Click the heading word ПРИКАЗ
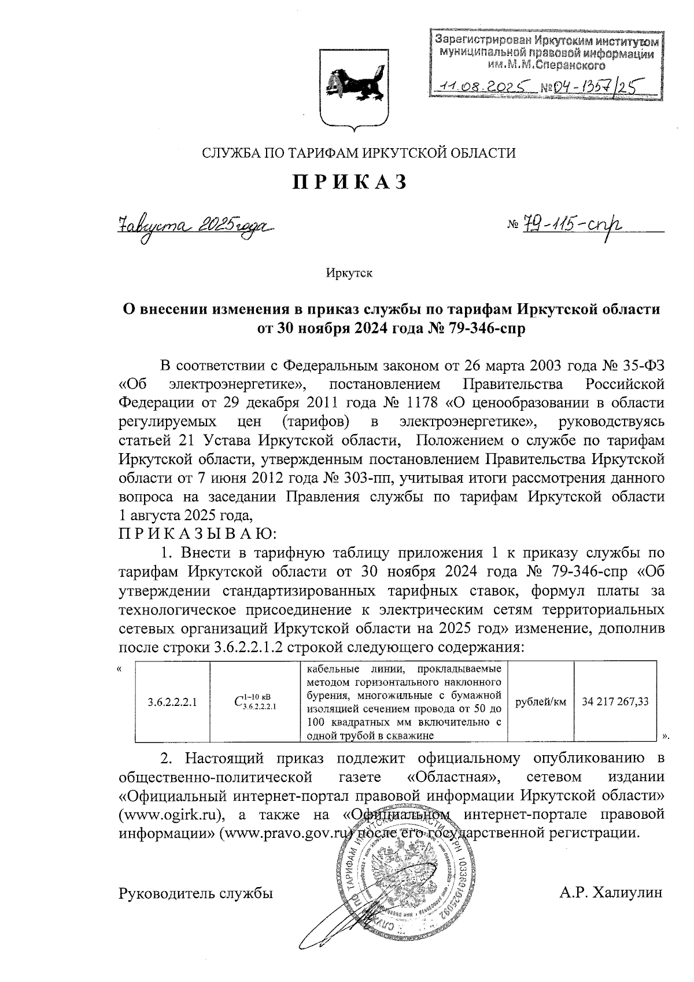[349, 182]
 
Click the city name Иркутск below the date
[349, 273]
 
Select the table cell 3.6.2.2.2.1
[172, 702]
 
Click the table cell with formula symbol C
[254, 702]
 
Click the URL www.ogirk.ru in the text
[171, 815]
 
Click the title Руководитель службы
[195, 893]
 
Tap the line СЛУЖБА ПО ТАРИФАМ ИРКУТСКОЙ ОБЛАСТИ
[357, 153]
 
